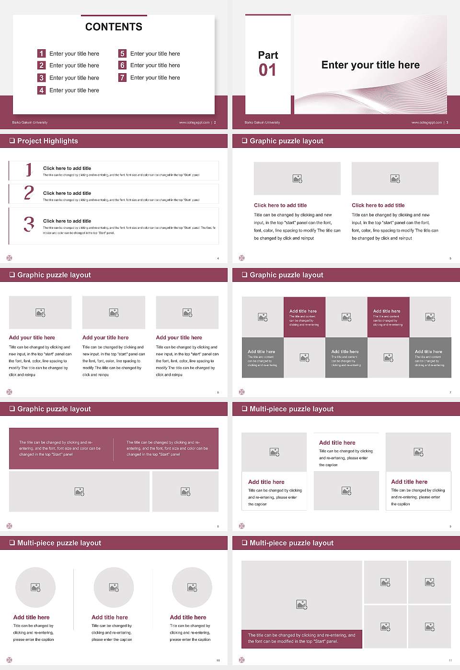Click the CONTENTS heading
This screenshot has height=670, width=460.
(x=114, y=27)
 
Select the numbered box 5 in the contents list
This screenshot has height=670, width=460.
(x=122, y=54)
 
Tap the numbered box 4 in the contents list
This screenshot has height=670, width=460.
(x=42, y=90)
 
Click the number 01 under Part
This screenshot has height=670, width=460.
(x=267, y=70)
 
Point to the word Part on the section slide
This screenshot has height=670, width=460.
(x=268, y=55)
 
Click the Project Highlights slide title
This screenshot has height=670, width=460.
(x=47, y=141)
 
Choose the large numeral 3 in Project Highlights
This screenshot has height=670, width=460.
(x=29, y=224)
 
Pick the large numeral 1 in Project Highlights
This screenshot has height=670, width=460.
(x=29, y=169)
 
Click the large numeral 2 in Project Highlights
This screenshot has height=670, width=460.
(x=29, y=193)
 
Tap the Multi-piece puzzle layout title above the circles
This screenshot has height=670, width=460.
(x=59, y=543)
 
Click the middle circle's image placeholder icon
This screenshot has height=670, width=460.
(x=114, y=587)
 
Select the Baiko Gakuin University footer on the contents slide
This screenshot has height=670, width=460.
(x=30, y=123)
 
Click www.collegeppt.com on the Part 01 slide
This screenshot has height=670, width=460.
(x=426, y=123)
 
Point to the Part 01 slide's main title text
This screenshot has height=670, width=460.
(x=370, y=65)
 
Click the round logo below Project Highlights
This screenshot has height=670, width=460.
(x=9, y=258)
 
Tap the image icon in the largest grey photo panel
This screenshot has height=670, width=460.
(x=301, y=605)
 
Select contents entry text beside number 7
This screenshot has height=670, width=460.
(x=155, y=78)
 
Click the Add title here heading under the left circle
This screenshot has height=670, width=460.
(x=31, y=617)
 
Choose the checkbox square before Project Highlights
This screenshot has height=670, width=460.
(x=12, y=141)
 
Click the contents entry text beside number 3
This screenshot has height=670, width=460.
(x=74, y=78)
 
